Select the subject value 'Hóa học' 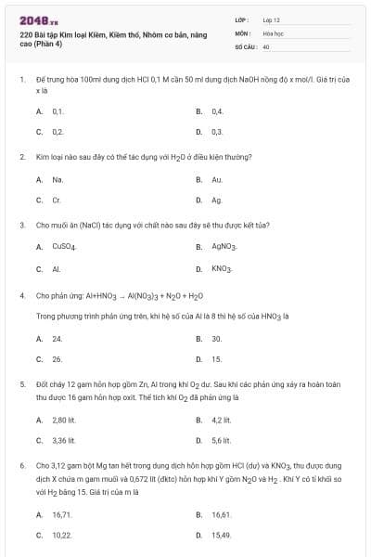273,32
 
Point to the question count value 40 266,45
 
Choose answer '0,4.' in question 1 217,110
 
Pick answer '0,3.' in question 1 217,132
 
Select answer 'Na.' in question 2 58,179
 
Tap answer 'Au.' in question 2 217,179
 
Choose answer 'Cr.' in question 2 57,200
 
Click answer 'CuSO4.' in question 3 64,247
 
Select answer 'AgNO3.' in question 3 224,247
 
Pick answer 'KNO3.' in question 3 222,268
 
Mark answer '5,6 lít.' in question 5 221,440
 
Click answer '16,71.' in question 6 62,513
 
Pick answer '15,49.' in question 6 221,535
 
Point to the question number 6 21,465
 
